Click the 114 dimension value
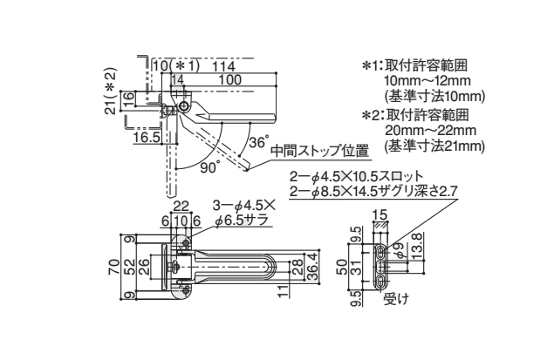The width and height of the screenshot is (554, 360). coord(224,66)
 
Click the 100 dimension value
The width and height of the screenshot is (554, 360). coord(229,80)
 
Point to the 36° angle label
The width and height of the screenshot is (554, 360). coord(258,142)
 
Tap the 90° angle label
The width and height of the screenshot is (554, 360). coord(210,167)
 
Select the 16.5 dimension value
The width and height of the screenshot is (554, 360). coord(147,137)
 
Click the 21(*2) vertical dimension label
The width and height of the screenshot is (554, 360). coord(111,91)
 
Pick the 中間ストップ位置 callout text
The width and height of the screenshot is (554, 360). coord(320,151)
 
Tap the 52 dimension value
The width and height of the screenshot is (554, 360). coord(130,268)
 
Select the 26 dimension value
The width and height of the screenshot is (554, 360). coord(144,268)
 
